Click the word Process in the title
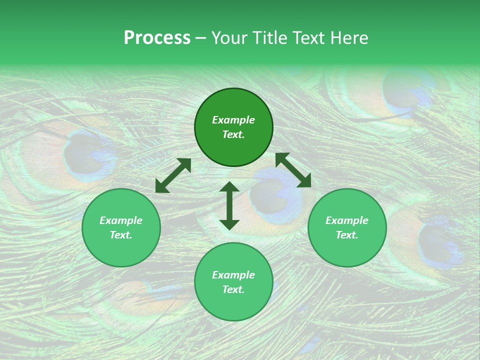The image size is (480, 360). [x=157, y=38]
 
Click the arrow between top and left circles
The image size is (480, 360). [x=173, y=175]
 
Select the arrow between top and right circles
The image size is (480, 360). [x=293, y=170]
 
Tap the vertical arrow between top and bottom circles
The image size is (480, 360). [x=229, y=205]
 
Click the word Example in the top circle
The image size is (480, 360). [x=233, y=120]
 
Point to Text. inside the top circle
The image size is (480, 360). [x=233, y=134]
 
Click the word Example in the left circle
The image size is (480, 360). [x=121, y=220]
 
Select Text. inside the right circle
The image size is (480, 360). [x=347, y=235]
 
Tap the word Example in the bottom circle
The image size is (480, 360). [x=233, y=275]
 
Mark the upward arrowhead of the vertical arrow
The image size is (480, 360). [x=229, y=187]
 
